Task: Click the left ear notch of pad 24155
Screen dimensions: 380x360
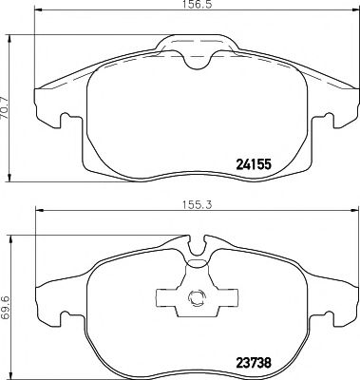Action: [60, 122]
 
